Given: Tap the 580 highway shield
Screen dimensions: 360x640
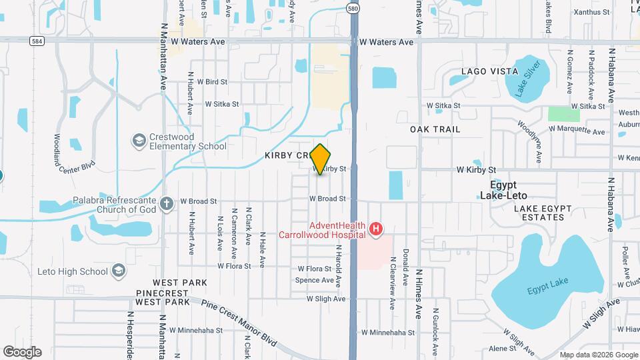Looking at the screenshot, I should click(x=353, y=8).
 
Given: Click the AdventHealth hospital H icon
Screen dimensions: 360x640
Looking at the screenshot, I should click(x=376, y=229).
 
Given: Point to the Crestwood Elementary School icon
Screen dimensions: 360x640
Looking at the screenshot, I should click(x=139, y=141).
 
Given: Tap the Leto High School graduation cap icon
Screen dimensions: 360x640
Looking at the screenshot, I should click(x=118, y=271).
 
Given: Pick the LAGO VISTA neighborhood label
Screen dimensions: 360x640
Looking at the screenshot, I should click(x=489, y=71).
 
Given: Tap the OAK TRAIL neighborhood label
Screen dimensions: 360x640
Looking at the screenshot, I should click(x=435, y=129).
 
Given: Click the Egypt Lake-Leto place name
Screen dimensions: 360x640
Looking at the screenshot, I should click(x=503, y=190).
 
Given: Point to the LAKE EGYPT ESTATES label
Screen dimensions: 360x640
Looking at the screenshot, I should click(x=543, y=213).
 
